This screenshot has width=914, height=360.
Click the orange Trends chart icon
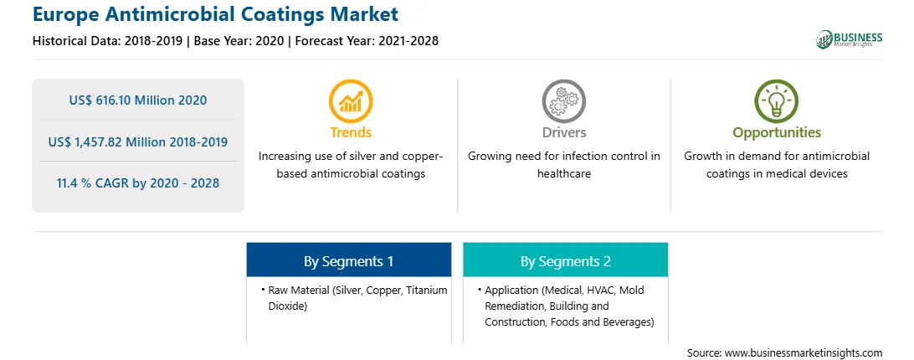point(351,101)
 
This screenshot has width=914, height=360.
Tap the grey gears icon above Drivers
point(563,101)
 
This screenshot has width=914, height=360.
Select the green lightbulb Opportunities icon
point(777,101)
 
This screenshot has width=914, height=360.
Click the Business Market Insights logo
point(850,39)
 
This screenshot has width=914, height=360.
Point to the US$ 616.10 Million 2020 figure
point(137,100)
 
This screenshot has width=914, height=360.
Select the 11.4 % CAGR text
point(137,183)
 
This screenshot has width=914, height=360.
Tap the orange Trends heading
point(351,132)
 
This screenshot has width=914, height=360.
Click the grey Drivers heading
point(563,132)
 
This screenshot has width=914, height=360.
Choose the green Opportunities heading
point(777,133)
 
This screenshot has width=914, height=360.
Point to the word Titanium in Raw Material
point(426,290)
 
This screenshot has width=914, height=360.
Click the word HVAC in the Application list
point(602,290)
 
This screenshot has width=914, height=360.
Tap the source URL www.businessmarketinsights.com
point(804,353)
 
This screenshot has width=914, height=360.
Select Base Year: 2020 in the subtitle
point(239,41)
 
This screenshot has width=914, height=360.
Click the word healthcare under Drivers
point(563,174)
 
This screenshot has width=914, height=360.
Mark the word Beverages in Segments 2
point(629,321)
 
